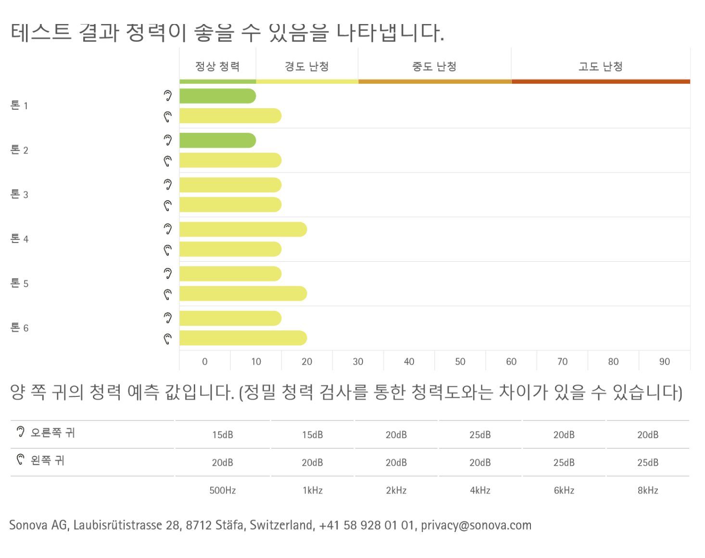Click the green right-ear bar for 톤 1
tap(217, 96)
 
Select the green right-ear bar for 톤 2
tap(217, 140)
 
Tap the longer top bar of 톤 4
tap(243, 229)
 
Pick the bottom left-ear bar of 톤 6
tap(243, 338)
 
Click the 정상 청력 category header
tap(217, 66)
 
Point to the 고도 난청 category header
tap(600, 66)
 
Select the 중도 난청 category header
tap(434, 66)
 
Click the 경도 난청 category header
tap(307, 66)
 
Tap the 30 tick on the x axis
tap(358, 362)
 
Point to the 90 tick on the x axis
tap(664, 362)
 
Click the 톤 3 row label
tap(19, 194)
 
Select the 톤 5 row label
tap(19, 283)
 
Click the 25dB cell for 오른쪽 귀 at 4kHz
tap(480, 435)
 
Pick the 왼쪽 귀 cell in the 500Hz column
tap(222, 463)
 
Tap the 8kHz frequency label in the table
tap(648, 491)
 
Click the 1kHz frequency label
tap(312, 491)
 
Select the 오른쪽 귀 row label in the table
tap(52, 432)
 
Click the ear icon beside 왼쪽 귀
tap(20, 460)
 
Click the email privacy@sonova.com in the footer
tap(476, 525)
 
